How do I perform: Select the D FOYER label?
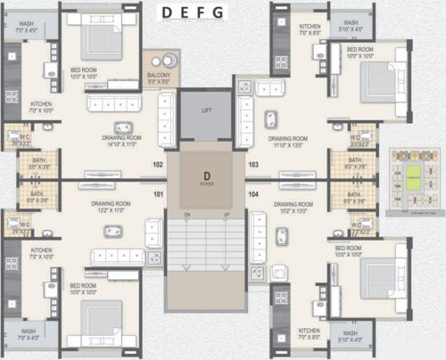(206, 177)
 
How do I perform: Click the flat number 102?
(158, 165)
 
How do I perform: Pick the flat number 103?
(252, 165)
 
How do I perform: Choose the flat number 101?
(158, 193)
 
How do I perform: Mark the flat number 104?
(252, 193)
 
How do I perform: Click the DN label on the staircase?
(187, 216)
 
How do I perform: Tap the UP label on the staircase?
(226, 216)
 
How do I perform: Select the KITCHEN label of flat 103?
(310, 29)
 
